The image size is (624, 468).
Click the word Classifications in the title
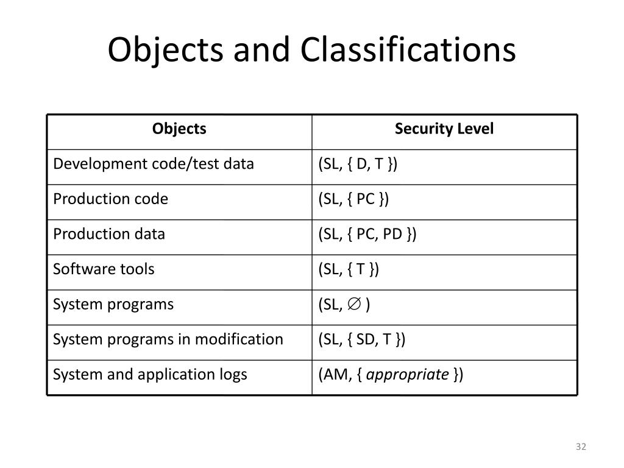(x=408, y=51)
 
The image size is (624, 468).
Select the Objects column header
(x=179, y=129)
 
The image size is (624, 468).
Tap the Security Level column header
(x=444, y=129)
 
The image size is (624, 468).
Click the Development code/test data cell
(x=154, y=164)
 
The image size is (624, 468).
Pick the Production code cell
(x=111, y=199)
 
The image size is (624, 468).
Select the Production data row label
(x=109, y=235)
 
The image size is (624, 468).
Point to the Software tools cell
(x=104, y=269)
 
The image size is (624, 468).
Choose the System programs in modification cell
(x=168, y=339)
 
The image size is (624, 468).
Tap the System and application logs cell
(x=150, y=375)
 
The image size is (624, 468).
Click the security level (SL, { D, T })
(x=358, y=165)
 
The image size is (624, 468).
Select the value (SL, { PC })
(x=353, y=199)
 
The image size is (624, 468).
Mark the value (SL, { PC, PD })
(x=367, y=235)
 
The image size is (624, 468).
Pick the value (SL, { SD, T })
(x=362, y=339)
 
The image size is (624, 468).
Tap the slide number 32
(x=580, y=447)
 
